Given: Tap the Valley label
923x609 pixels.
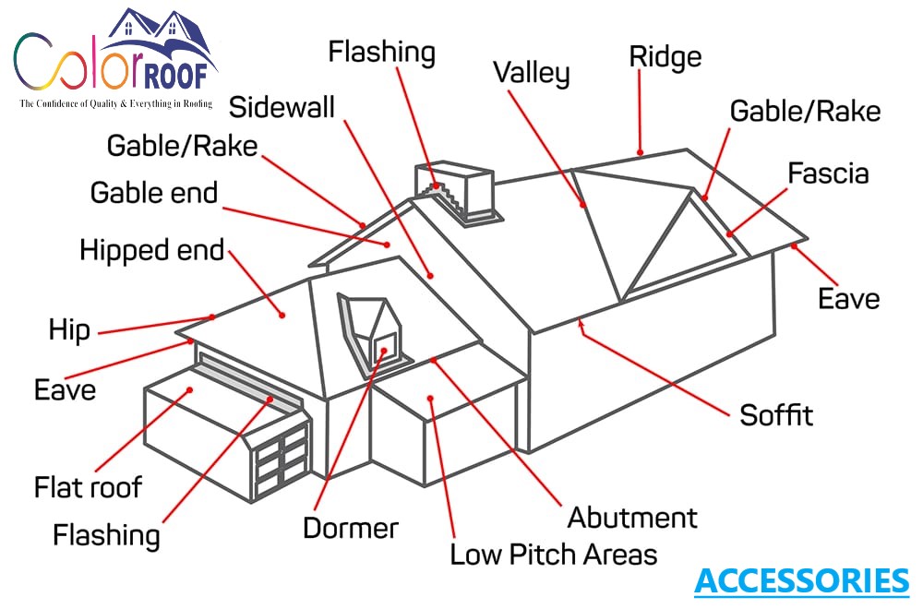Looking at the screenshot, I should click(x=531, y=73).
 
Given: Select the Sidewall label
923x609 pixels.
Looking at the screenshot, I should click(x=282, y=106).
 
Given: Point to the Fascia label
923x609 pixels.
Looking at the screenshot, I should click(x=828, y=173).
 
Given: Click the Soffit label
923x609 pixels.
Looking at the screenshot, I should click(x=776, y=414).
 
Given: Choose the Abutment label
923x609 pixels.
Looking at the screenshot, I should click(x=632, y=517).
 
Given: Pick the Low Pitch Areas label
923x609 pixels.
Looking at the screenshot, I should click(x=553, y=555).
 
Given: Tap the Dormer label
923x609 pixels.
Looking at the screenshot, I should click(x=351, y=528).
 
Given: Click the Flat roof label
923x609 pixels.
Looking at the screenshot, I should click(x=89, y=486).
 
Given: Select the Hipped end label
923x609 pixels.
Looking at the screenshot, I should click(x=152, y=250).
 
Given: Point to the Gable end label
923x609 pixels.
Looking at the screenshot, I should click(x=154, y=193).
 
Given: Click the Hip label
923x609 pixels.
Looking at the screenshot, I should click(x=69, y=329).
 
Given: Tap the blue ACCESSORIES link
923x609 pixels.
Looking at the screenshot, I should click(x=801, y=581).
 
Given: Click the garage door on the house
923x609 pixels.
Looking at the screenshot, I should click(x=282, y=457).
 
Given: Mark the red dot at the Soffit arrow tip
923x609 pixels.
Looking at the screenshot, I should click(x=580, y=322).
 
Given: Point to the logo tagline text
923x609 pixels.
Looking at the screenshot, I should click(x=115, y=104).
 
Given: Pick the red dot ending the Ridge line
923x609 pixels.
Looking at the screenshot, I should click(x=639, y=151).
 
